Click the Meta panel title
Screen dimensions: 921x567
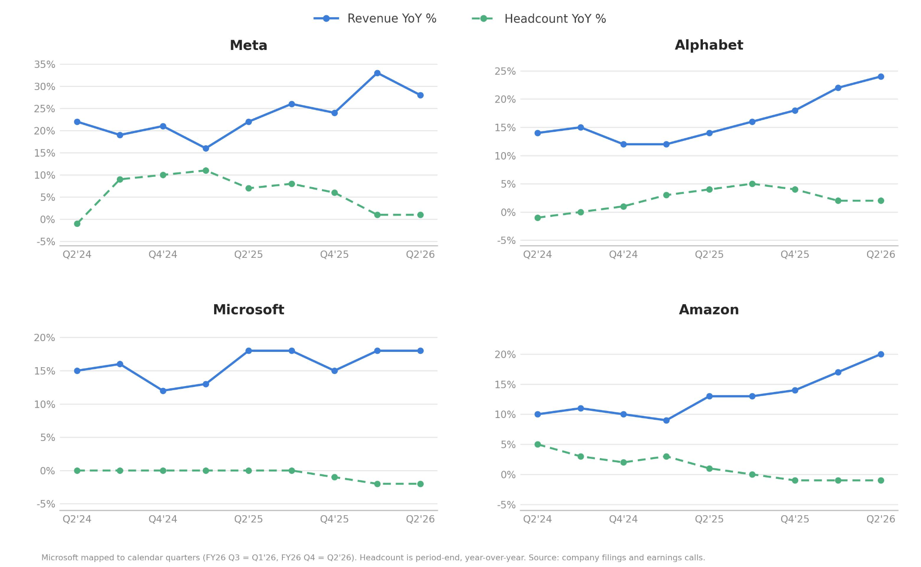coord(248,45)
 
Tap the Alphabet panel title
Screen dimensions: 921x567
coord(709,45)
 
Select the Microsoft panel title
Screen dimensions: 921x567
coord(248,310)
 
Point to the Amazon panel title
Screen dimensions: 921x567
coord(709,310)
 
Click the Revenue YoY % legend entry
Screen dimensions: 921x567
coord(375,18)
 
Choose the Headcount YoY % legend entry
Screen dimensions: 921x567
coord(539,18)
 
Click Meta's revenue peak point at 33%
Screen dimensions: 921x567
coord(377,73)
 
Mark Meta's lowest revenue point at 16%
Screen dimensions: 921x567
coord(206,148)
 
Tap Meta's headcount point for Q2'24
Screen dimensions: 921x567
coord(77,224)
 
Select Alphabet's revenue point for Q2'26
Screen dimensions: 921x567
coord(881,76)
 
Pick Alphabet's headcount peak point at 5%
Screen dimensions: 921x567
coord(752,184)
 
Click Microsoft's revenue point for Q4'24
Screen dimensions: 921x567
coord(163,391)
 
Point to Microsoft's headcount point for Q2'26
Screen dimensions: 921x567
coord(420,484)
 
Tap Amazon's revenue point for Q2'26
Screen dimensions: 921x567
coord(881,354)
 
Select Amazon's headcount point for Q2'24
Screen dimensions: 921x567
coord(537,444)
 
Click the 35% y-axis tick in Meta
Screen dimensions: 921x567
coord(45,64)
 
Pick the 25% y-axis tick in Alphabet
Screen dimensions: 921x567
coord(505,71)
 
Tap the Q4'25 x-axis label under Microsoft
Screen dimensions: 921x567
coord(334,519)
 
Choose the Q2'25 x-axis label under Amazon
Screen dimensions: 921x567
coord(709,519)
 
